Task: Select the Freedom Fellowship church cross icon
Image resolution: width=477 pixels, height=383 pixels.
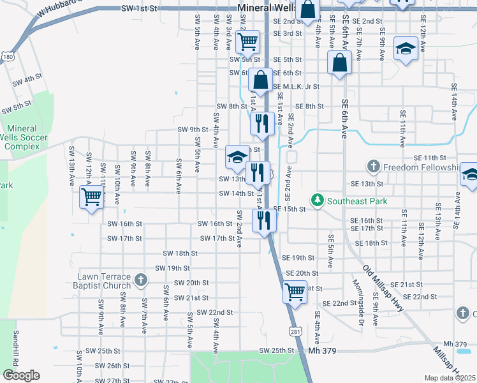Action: (x=374, y=167)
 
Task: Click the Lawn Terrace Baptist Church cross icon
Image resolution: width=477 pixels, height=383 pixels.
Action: (x=140, y=280)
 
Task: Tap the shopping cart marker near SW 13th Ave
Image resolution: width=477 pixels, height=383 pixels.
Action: (x=92, y=199)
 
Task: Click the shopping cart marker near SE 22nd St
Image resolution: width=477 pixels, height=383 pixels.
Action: (x=295, y=292)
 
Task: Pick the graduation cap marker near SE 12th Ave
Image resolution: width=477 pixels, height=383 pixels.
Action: (x=406, y=49)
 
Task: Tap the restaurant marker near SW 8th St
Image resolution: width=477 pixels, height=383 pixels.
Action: (x=263, y=123)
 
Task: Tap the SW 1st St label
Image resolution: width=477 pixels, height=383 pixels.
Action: (x=138, y=9)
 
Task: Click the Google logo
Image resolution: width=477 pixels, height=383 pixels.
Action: (x=21, y=375)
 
